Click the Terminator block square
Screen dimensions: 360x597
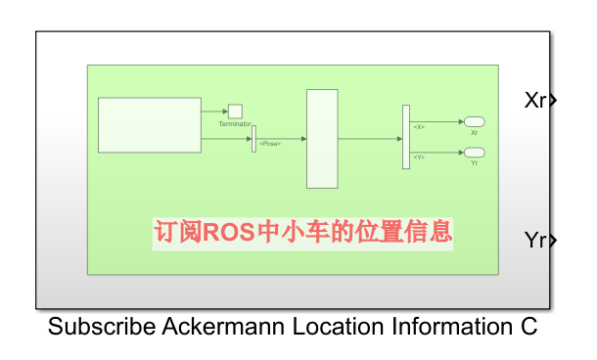[235, 112]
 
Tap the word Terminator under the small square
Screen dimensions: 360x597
[235, 124]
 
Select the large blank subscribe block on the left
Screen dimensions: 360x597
[150, 125]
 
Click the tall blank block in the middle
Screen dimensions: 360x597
[322, 139]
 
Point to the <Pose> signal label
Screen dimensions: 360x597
[270, 144]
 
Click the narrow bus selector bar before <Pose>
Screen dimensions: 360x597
[253, 139]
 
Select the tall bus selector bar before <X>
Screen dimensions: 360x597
[406, 137]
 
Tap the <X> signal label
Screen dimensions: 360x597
[419, 127]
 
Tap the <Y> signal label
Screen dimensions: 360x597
[419, 157]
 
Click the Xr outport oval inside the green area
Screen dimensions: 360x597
[474, 121]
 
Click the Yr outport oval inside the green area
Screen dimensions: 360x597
[474, 153]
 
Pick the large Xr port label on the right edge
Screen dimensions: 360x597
[535, 100]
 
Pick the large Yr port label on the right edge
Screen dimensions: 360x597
[535, 240]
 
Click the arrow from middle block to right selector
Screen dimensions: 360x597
[370, 139]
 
